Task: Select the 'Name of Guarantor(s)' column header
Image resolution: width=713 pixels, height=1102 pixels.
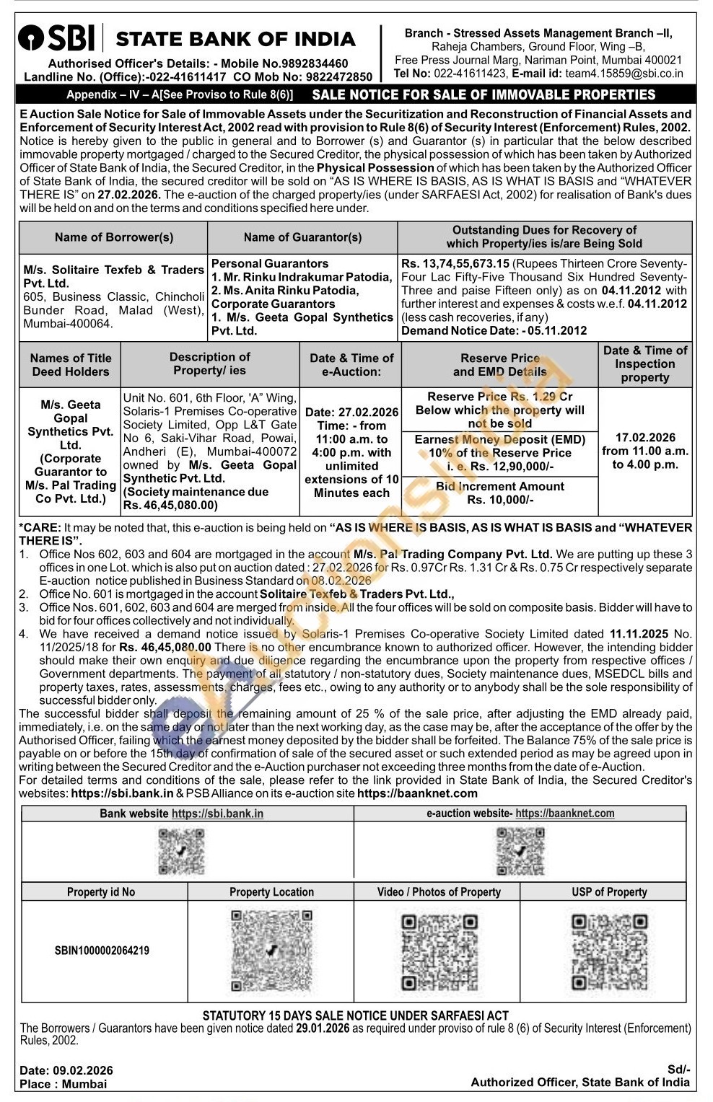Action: pos(302,237)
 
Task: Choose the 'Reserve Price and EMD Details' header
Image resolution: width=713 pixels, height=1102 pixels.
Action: pos(499,365)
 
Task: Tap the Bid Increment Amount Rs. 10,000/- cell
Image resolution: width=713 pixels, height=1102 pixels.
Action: pos(499,493)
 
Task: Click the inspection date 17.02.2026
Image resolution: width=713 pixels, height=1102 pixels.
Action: pos(645,438)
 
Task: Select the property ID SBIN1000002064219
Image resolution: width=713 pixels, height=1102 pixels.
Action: pos(102,951)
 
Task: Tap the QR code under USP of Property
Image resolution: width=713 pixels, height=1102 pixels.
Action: pos(609,952)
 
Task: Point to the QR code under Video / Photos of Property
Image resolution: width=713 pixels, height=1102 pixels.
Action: pos(439,952)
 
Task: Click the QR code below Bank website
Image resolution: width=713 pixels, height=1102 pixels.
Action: pos(181,852)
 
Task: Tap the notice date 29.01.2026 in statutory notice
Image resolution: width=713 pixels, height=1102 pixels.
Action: pos(323,1028)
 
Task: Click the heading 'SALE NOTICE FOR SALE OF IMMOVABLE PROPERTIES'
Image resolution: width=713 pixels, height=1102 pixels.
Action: pos(484,95)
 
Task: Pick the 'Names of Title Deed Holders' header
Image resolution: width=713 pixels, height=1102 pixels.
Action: pos(71,365)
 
